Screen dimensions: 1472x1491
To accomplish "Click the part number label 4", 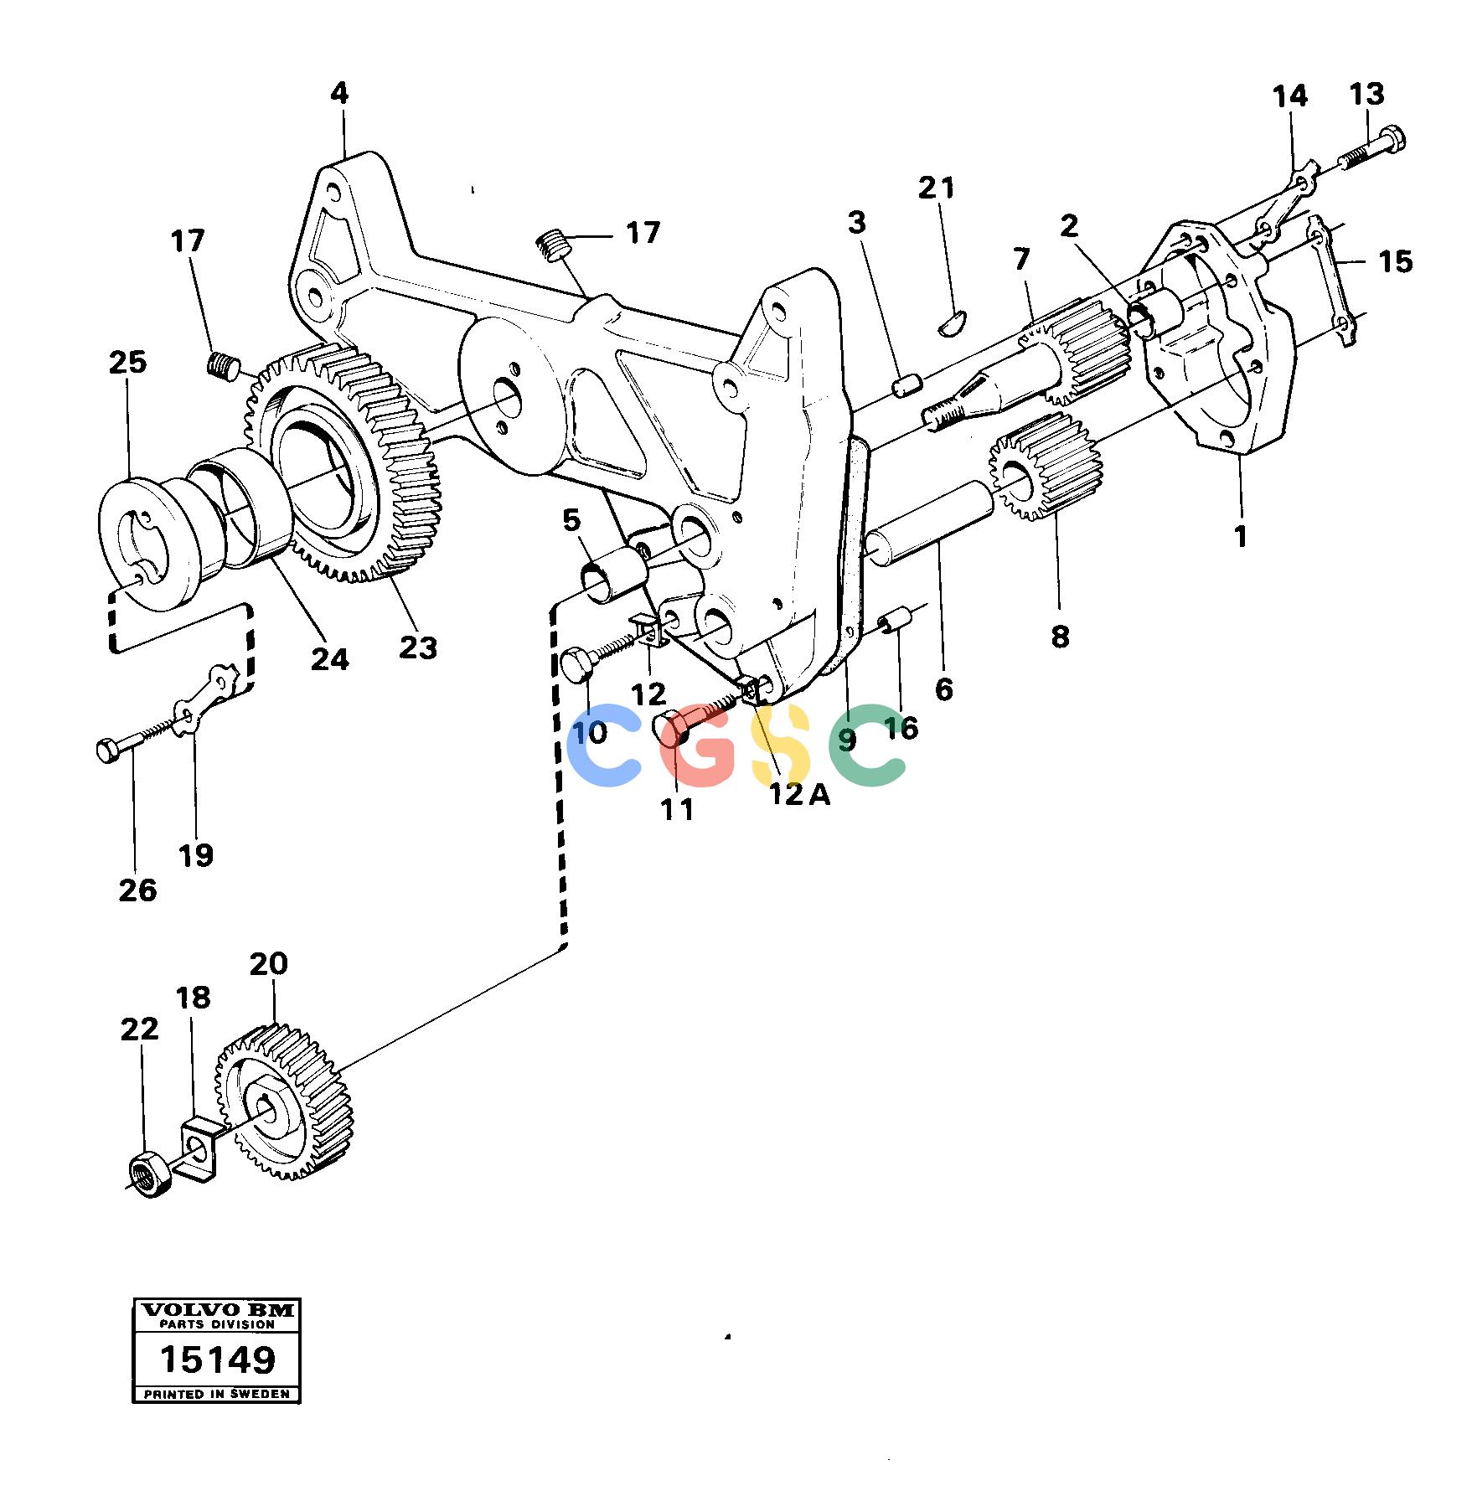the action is click(338, 93).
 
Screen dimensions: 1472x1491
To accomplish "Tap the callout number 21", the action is click(936, 188).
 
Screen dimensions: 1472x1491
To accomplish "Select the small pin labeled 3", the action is click(906, 386).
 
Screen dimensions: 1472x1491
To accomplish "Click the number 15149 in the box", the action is click(217, 1359).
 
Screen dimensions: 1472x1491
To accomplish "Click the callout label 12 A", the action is click(800, 793).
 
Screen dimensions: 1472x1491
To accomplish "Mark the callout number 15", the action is click(1395, 261).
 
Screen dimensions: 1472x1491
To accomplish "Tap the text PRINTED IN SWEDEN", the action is click(217, 1395).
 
